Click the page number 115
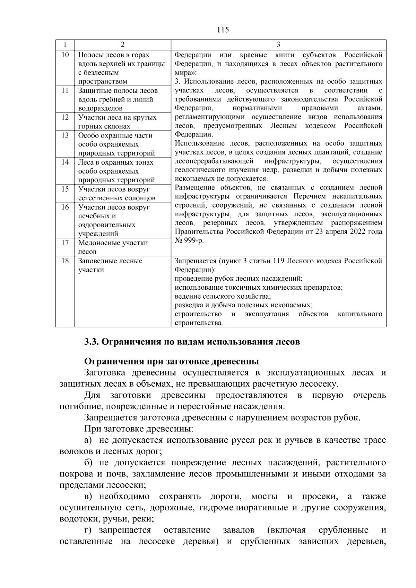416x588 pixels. pyautogui.click(x=223, y=30)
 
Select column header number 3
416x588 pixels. pyautogui.click(x=278, y=45)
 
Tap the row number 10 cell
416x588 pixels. pyautogui.click(x=65, y=55)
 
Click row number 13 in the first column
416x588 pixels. pyautogui.click(x=65, y=135)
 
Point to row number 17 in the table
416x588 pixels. pyautogui.click(x=65, y=243)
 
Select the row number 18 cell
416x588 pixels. pyautogui.click(x=65, y=261)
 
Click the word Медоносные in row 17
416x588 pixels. pyautogui.click(x=99, y=243)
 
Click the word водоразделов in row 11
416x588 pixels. pyautogui.click(x=100, y=108)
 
